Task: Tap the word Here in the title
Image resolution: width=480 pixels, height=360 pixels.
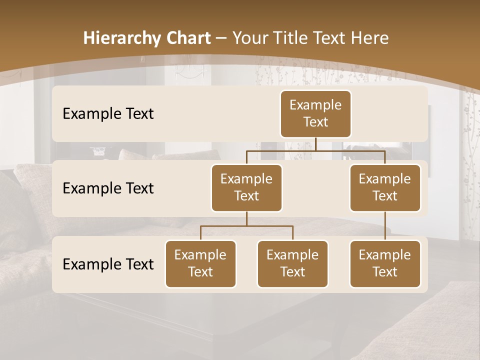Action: (369, 38)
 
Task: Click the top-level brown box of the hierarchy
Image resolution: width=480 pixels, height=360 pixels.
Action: (315, 113)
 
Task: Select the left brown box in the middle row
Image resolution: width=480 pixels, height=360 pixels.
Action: (246, 187)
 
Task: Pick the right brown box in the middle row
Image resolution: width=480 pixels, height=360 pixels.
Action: (385, 187)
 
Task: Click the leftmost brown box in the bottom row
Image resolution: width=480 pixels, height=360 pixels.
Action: (200, 263)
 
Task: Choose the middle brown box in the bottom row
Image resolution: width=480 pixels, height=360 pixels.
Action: (292, 263)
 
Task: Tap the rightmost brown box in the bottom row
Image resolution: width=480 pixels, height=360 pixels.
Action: (385, 263)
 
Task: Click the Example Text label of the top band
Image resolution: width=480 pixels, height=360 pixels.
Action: (108, 114)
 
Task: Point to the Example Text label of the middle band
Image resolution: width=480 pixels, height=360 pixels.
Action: (108, 188)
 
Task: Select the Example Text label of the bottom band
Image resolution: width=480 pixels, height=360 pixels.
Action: (108, 264)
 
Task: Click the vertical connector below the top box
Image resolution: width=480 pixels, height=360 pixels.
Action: (316, 144)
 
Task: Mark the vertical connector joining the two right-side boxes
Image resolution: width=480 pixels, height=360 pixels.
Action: (385, 226)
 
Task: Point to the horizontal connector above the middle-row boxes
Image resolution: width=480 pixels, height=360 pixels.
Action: (315, 150)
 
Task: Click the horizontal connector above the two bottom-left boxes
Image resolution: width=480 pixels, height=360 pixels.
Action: (246, 226)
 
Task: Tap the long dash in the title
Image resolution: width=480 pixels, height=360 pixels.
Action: (221, 38)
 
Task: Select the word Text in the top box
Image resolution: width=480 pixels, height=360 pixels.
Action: (315, 122)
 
